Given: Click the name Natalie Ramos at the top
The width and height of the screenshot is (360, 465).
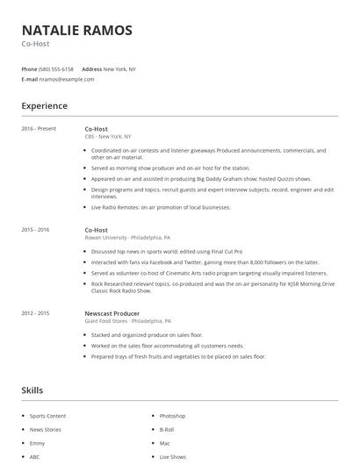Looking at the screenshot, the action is (x=77, y=31).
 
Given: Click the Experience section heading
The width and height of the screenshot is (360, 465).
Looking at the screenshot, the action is (x=44, y=106).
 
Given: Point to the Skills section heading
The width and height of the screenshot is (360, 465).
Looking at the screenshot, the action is (x=32, y=390).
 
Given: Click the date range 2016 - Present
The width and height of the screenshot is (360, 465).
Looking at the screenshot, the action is (x=39, y=129).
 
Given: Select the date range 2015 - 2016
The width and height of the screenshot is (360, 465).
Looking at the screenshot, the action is (x=35, y=229).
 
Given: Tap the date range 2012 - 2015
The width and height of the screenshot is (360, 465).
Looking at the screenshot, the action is (x=35, y=312).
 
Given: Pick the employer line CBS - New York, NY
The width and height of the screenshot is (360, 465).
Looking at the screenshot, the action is (x=108, y=137).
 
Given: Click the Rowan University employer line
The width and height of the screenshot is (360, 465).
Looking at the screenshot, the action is (x=127, y=237).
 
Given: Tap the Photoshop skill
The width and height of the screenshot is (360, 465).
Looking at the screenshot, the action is (x=172, y=415).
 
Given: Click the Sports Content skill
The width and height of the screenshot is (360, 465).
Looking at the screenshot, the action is (x=48, y=415).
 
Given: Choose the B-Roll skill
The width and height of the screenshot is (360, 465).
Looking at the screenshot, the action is (x=167, y=429).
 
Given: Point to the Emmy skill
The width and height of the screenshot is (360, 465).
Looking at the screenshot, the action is (x=38, y=443).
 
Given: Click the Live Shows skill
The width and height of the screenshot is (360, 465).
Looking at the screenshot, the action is (x=172, y=457).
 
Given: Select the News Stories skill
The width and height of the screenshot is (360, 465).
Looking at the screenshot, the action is (x=47, y=429).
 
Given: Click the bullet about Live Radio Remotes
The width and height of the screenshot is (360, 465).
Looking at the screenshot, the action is (x=160, y=207).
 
